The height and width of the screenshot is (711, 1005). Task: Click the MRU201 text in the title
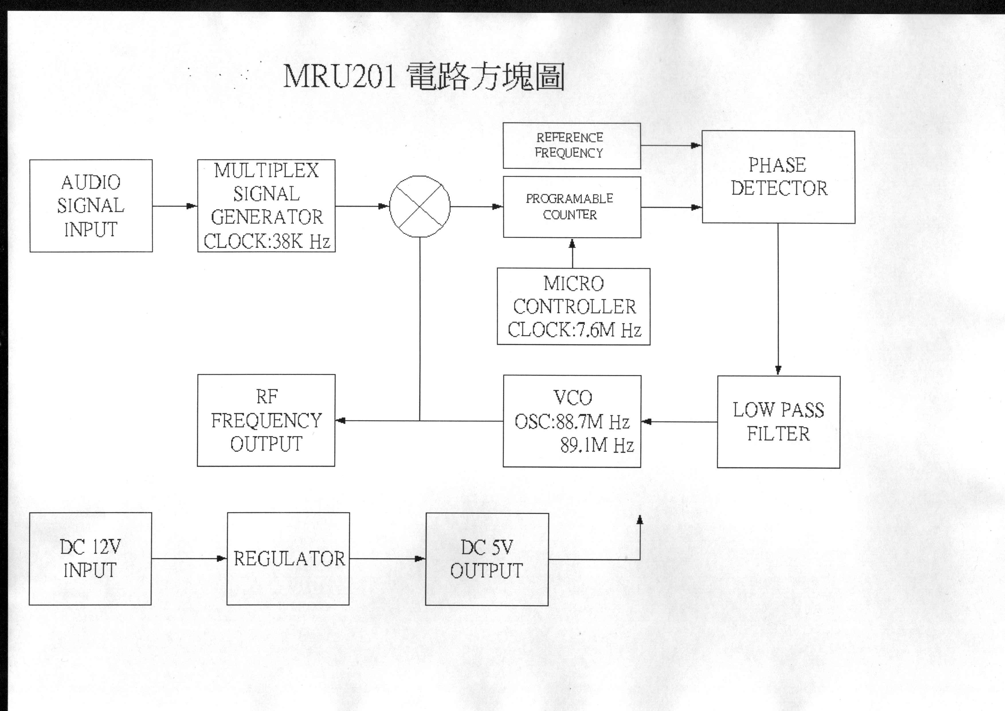tap(339, 77)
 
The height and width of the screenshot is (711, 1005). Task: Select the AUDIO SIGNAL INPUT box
tap(91, 206)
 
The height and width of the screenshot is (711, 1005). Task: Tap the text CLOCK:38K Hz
tap(267, 241)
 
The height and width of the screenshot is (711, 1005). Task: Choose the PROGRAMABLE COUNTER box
tap(572, 207)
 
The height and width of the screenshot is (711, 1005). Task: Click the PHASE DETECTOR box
tap(778, 177)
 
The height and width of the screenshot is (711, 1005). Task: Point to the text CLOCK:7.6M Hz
tap(574, 330)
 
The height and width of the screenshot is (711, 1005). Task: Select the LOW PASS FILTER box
tap(778, 422)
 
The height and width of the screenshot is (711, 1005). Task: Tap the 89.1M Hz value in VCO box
tap(597, 445)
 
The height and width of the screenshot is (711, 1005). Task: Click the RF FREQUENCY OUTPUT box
tap(266, 420)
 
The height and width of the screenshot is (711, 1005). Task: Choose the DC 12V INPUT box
tap(90, 559)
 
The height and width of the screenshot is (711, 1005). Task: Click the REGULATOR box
tap(288, 559)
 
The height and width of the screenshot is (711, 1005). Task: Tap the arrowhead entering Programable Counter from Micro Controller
tap(572, 243)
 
